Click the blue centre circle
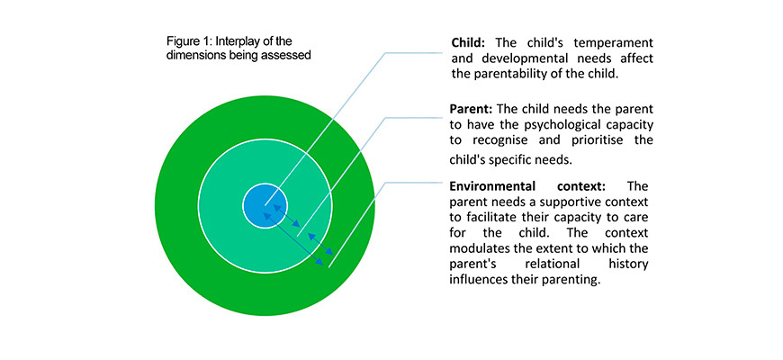tap(265, 206)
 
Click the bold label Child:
tap(466, 42)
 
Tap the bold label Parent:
tap(469, 109)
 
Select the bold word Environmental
tap(493, 186)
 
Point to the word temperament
tap(617, 42)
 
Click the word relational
tap(545, 264)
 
